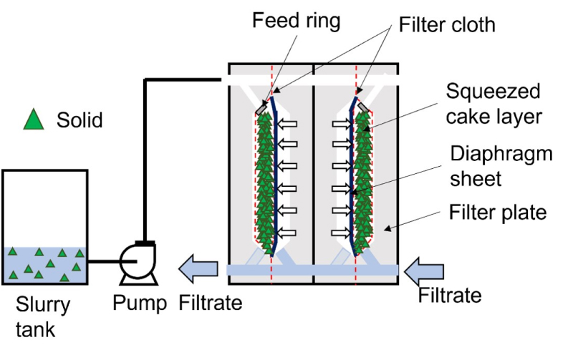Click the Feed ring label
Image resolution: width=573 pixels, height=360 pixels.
coord(296,21)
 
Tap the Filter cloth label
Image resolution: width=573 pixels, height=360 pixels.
coord(447,25)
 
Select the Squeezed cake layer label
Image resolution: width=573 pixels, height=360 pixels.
coord(493,104)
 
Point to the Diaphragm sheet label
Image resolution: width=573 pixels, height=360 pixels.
coord(501,166)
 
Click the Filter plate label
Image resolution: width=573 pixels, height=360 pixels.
coord(497,212)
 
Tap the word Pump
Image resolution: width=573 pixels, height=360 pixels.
coord(140,303)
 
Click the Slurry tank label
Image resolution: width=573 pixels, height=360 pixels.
coord(43,316)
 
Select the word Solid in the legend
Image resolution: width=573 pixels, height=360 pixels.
coord(80,120)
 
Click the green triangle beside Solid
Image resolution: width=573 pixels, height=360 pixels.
coord(34,119)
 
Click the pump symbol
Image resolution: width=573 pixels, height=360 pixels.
coord(139,263)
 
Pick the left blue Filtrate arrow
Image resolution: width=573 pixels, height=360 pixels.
coord(198,269)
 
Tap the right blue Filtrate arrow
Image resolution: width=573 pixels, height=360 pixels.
coord(424,271)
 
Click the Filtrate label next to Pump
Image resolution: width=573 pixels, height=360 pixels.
coord(210,303)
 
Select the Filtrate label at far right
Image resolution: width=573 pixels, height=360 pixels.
coord(450,295)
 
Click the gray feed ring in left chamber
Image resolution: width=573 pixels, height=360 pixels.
coord(261,107)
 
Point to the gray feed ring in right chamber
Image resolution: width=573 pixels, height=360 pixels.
coord(364,107)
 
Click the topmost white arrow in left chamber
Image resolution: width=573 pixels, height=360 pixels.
coord(287,124)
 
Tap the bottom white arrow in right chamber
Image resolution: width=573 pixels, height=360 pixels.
coord(342,233)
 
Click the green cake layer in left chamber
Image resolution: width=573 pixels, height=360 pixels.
coord(264,182)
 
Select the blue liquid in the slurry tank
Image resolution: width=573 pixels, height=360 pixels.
coord(45,265)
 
